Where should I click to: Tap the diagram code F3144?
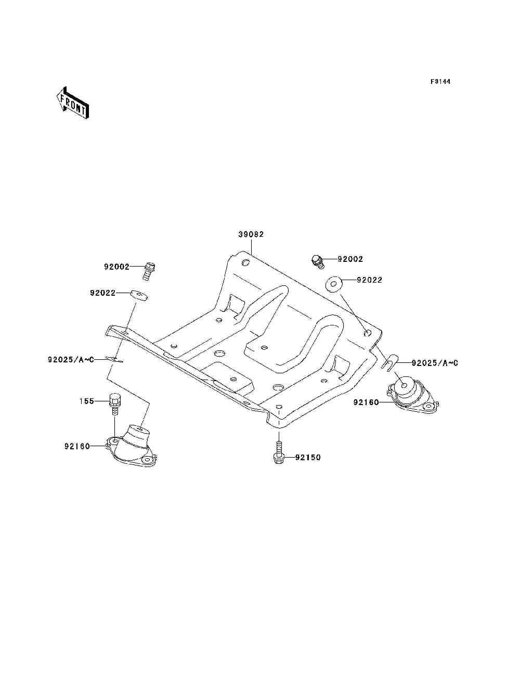pos(440,82)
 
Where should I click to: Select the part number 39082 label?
pos(251,234)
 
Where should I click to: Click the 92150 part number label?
pos(308,458)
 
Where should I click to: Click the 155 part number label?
pos(86,401)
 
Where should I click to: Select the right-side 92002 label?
pos(350,259)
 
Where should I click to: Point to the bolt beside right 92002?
pos(317,260)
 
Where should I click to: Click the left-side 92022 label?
pos(102,293)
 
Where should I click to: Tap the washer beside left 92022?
pos(139,295)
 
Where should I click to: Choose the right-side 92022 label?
pos(369,280)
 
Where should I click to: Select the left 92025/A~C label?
pos(71,359)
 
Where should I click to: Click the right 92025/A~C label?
pos(435,363)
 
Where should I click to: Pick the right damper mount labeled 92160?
pos(412,397)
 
